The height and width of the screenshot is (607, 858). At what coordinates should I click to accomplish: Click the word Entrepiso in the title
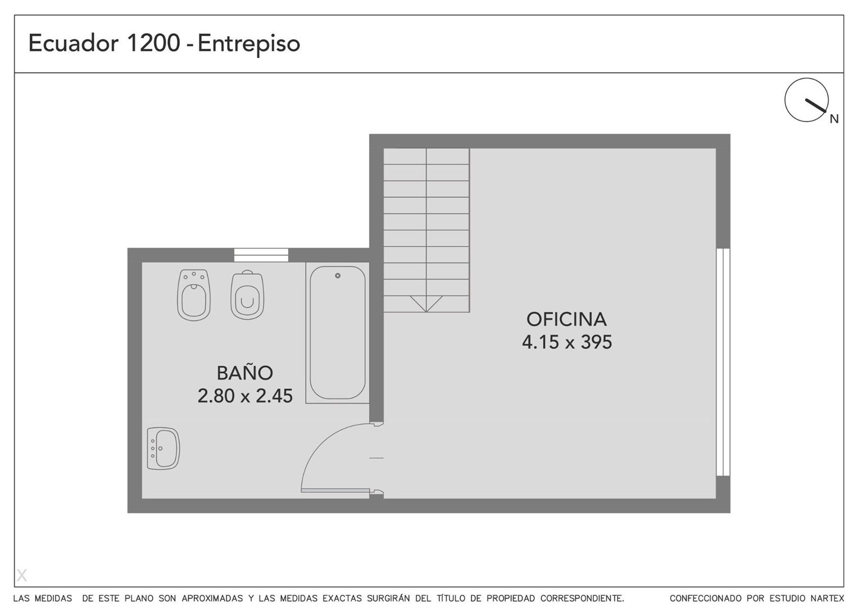[249, 44]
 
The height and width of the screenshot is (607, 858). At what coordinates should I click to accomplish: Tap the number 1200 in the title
[153, 43]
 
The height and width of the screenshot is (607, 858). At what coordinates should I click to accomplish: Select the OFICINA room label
[566, 320]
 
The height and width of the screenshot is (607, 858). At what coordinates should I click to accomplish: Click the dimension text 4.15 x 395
[567, 342]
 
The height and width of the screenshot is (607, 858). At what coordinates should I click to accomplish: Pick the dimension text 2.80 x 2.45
[245, 396]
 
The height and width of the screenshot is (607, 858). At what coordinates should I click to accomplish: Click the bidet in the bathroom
[194, 295]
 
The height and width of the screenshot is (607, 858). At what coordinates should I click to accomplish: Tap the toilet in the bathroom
[247, 295]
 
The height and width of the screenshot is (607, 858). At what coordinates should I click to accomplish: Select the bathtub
[338, 333]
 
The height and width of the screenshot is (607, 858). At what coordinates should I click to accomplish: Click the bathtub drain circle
[338, 275]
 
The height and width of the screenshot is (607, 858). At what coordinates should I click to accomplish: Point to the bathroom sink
[164, 449]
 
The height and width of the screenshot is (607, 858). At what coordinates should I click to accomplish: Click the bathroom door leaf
[335, 490]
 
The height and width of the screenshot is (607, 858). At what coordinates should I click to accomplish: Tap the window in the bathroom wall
[261, 255]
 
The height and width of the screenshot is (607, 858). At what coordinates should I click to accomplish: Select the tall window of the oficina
[723, 362]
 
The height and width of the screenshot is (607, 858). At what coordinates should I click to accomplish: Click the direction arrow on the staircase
[426, 303]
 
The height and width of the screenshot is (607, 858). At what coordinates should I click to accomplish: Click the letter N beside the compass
[834, 119]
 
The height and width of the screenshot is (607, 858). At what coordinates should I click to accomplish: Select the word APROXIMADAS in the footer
[212, 598]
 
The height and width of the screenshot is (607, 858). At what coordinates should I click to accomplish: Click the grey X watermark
[22, 575]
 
